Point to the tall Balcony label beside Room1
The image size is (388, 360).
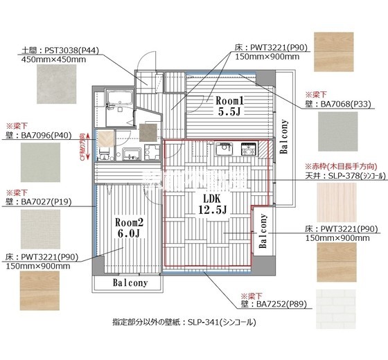pos(283,137)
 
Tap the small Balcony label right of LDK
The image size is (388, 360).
pos(263,231)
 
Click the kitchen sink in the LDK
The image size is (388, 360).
pos(224,149)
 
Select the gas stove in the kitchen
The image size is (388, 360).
pos(248,149)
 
